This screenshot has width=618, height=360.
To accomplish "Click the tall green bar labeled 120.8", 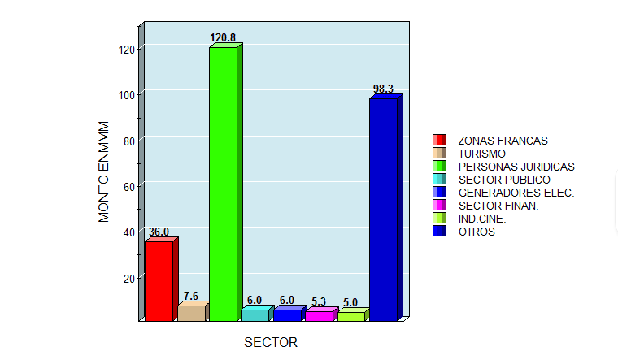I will [223, 184].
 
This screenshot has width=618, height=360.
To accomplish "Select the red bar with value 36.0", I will [159, 281].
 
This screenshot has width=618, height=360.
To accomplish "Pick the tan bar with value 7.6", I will [191, 313].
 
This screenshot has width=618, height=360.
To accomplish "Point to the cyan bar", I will [255, 314].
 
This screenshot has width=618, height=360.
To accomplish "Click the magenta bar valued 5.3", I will [319, 315].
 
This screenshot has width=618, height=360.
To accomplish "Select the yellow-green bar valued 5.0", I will [350, 316].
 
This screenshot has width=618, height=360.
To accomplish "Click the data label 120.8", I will [223, 37].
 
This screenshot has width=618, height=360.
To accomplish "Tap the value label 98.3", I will [383, 89].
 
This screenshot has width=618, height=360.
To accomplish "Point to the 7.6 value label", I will [191, 296].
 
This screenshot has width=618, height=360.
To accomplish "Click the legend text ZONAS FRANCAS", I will [503, 141].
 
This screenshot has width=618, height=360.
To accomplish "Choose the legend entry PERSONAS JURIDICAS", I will [516, 167].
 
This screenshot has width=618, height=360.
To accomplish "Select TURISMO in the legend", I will [482, 154].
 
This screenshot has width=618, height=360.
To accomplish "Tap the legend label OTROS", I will [477, 232].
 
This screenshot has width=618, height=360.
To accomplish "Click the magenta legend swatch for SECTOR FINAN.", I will [439, 206].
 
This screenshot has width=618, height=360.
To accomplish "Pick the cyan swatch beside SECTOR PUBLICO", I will [439, 180].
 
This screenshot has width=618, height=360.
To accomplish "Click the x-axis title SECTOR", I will [271, 342].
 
